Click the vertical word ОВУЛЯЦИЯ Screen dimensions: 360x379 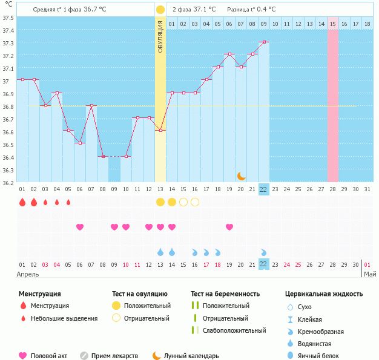coord(160,36)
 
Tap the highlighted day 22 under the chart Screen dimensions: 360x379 coord(263,189)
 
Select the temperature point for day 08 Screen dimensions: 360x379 coord(102,157)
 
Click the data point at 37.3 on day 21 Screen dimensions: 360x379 coord(264,42)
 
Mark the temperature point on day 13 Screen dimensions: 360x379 coord(160,130)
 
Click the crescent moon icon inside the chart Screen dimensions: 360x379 coord(241,175)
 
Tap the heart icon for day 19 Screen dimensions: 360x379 coord(229,227)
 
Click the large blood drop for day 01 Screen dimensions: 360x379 coord(22,202)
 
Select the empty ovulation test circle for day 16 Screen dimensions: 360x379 coord(195,202)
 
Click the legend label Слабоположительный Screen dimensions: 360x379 coord(234,330)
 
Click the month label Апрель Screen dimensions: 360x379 coord(28,274)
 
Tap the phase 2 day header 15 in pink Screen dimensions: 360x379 coord(333,24)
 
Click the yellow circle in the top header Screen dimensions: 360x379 coord(160,10)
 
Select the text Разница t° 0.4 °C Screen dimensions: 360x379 coord(251,10)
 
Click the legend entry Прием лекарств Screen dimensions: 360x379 coord(114,356)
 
